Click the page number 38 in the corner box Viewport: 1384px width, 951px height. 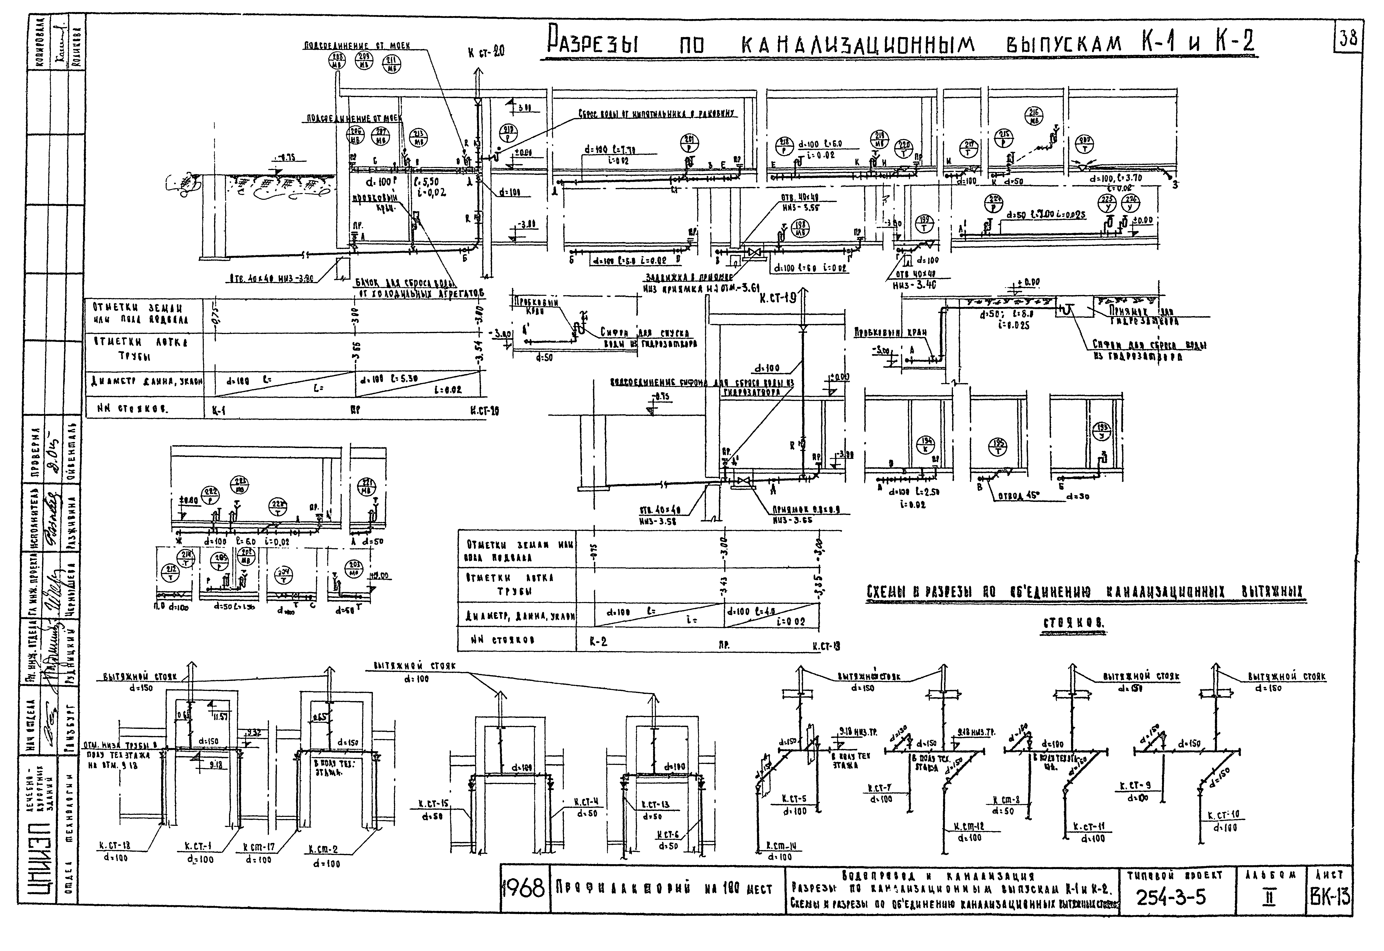point(1348,39)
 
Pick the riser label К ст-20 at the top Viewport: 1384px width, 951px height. point(486,52)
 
